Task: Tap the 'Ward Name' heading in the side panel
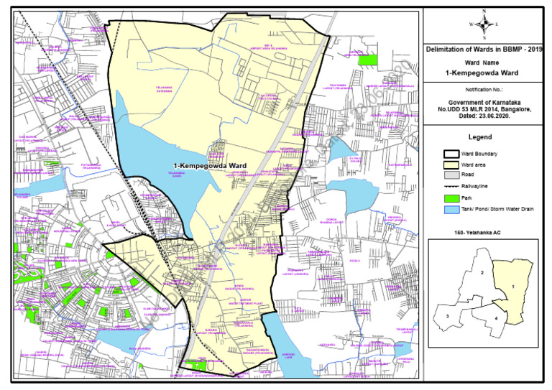pos(484,63)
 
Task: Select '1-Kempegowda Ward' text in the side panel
pos(484,74)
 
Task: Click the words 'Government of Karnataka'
pos(484,103)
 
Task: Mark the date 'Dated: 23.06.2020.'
pos(484,117)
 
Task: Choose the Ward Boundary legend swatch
pos(451,154)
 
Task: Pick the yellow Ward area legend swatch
pos(451,164)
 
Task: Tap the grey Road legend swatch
pos(451,175)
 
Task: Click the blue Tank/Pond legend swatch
pos(451,209)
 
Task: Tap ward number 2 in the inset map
pos(482,273)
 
